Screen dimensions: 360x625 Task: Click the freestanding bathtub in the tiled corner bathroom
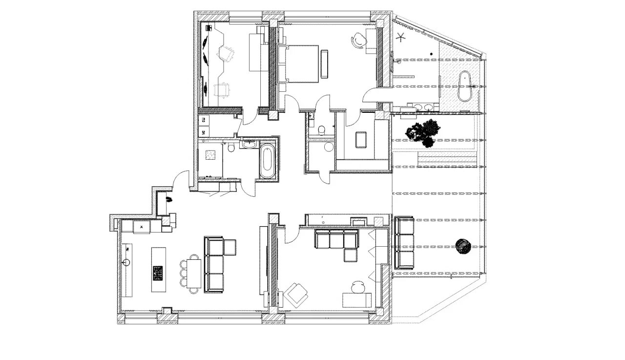click(464, 86)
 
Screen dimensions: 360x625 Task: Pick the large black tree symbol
click(423, 132)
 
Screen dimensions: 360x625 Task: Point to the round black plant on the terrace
click(463, 247)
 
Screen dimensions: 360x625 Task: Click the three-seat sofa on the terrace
click(404, 243)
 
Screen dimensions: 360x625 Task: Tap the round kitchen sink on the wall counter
click(126, 262)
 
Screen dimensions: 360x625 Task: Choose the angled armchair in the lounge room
click(297, 295)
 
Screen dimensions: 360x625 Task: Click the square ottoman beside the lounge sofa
click(351, 255)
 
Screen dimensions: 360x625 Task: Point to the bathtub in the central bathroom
click(267, 161)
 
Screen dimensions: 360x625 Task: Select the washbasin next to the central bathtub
click(249, 144)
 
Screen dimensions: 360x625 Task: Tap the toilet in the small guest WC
click(321, 130)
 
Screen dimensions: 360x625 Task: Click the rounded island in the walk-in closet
click(361, 140)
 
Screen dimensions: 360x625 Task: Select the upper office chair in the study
click(226, 53)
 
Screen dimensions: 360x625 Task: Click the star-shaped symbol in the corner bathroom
click(401, 36)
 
